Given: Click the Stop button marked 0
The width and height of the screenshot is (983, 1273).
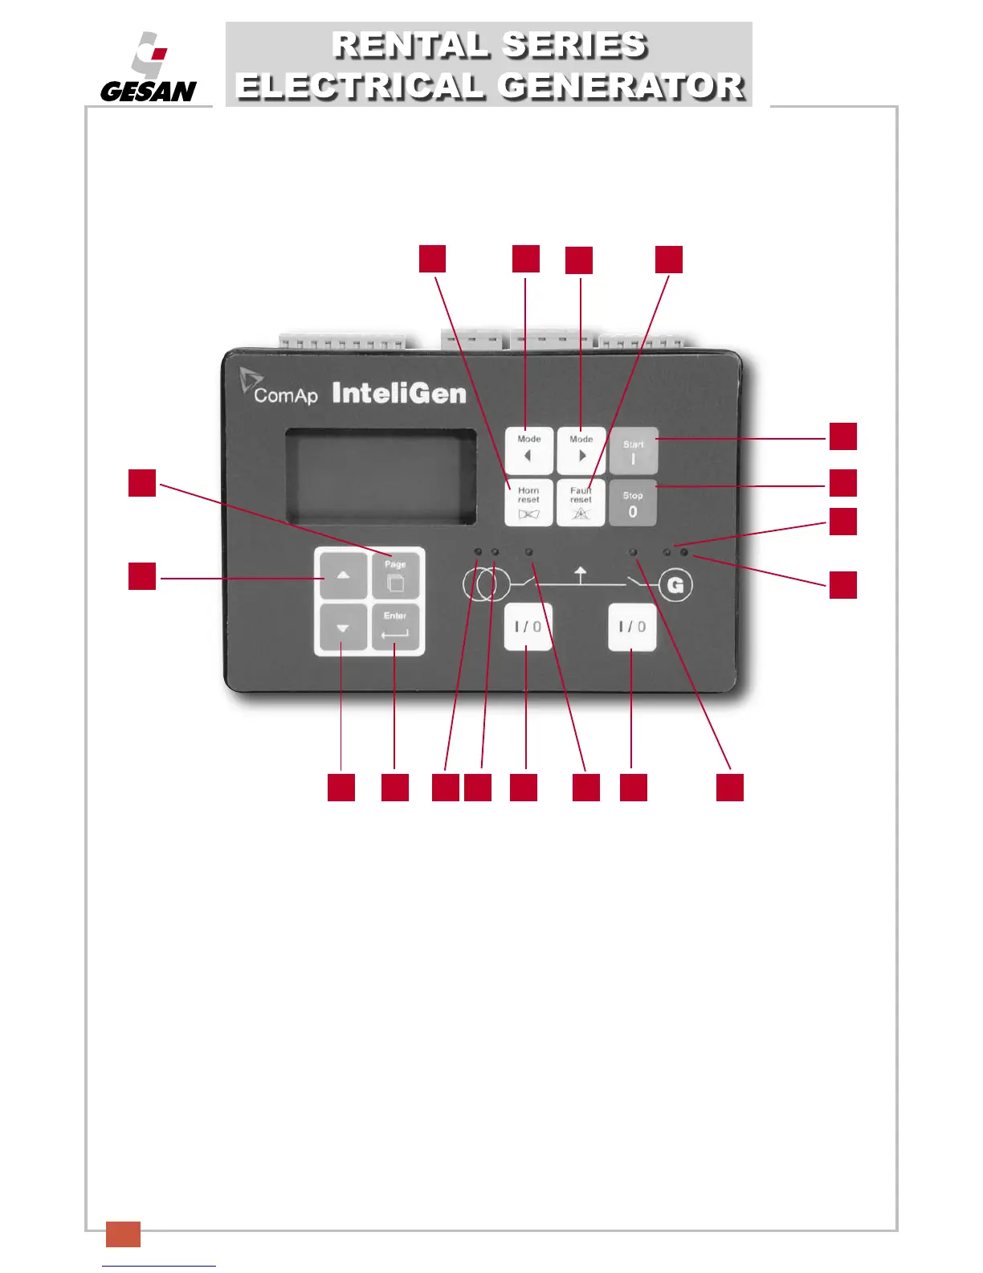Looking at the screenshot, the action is [x=633, y=504].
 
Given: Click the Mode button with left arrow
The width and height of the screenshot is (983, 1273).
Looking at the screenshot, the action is [x=528, y=451].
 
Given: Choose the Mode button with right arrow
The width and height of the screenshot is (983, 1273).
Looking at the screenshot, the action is [x=581, y=451].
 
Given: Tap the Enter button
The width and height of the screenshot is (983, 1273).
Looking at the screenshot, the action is [x=395, y=627].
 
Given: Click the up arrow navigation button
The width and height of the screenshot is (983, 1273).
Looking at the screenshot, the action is [x=343, y=575].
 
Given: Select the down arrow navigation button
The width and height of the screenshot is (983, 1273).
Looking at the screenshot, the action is [x=343, y=628].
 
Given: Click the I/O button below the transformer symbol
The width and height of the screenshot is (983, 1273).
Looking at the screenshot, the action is [x=528, y=627].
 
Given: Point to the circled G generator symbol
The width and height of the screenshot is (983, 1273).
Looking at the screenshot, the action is [x=676, y=585].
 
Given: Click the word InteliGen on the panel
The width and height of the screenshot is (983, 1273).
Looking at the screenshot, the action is [x=399, y=393].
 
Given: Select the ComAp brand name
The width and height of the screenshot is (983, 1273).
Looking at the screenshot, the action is [x=285, y=395].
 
